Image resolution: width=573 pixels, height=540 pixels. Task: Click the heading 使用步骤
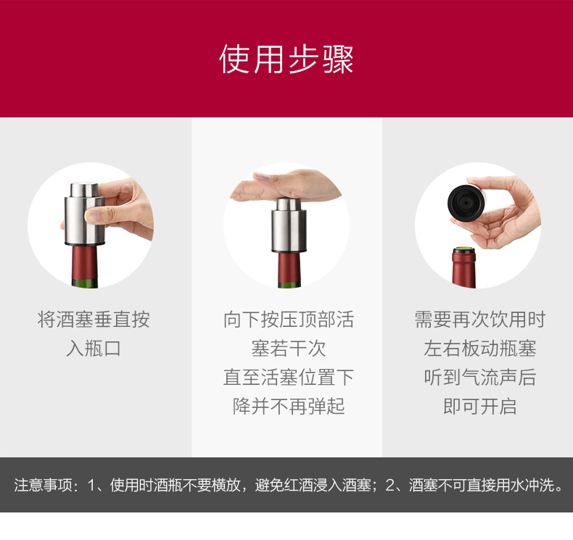click(x=286, y=59)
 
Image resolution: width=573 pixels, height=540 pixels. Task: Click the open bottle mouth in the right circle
click(x=463, y=253)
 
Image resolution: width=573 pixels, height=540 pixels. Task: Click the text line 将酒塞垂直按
click(x=94, y=320)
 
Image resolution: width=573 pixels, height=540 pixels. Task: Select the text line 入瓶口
click(x=94, y=349)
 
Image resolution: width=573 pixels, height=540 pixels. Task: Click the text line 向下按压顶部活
click(x=288, y=320)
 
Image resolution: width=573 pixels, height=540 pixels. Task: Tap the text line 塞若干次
click(x=288, y=349)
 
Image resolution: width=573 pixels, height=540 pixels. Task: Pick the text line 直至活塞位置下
click(x=288, y=378)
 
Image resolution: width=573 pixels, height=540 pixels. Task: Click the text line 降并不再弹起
click(x=288, y=407)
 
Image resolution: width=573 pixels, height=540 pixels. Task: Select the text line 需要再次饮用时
click(x=479, y=320)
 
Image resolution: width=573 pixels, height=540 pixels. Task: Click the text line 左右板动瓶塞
click(x=479, y=349)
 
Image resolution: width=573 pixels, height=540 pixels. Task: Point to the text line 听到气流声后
click(x=479, y=378)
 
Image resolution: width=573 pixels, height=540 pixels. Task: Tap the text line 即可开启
click(x=479, y=407)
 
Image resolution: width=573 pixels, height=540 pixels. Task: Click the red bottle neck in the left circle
click(x=85, y=267)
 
